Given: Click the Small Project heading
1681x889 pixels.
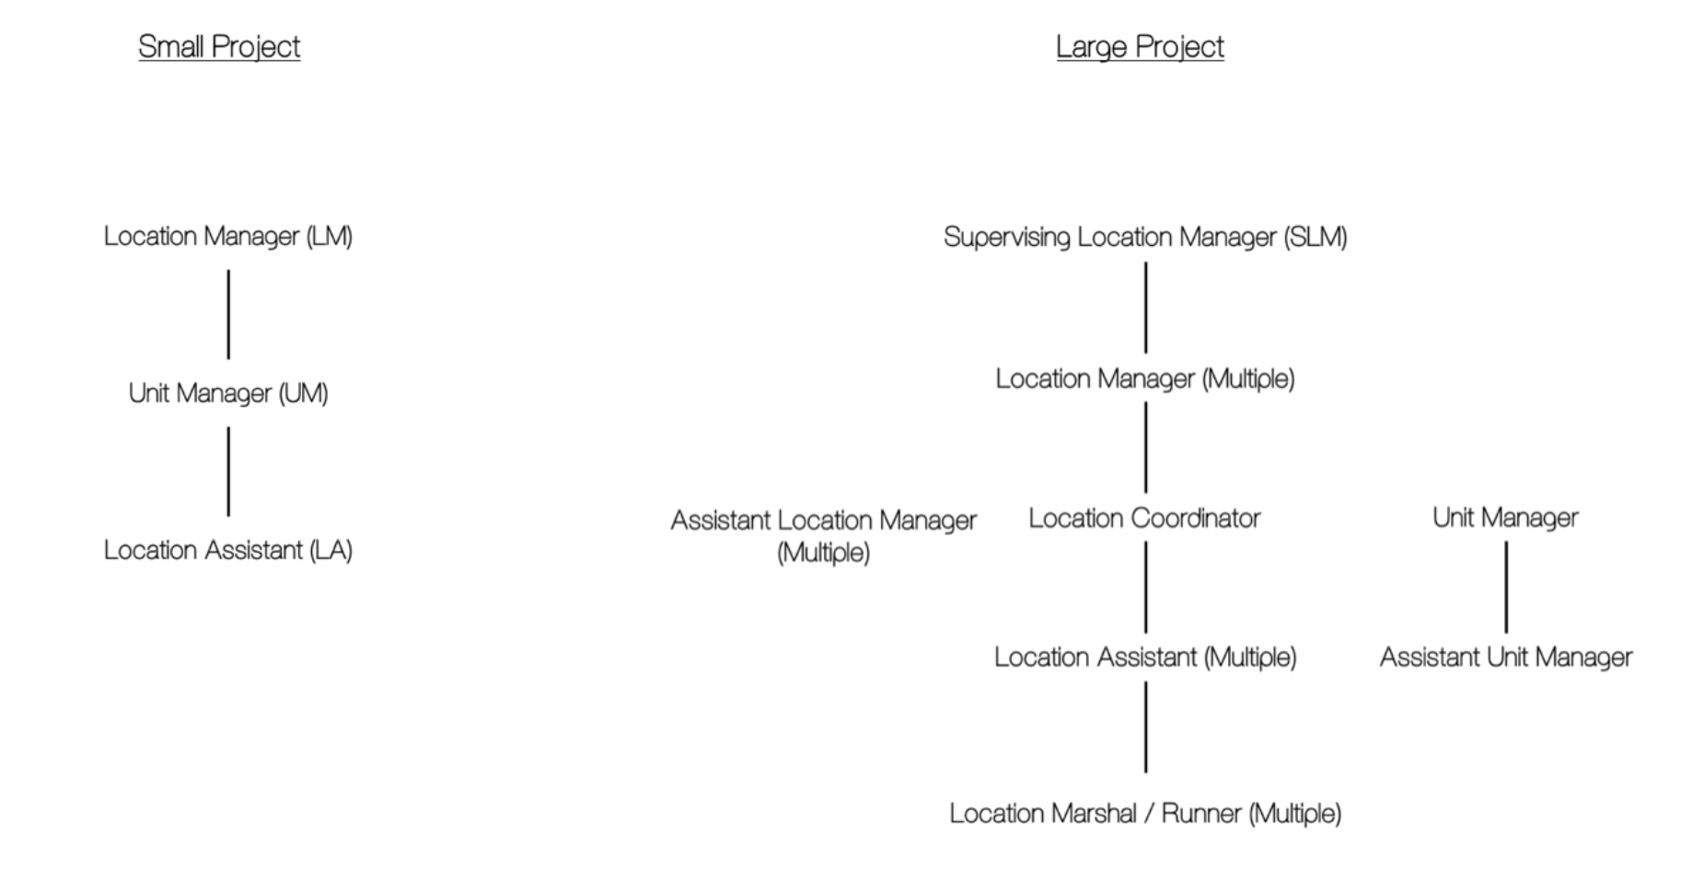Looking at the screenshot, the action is (219, 47).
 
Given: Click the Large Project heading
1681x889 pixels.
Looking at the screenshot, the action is (1140, 47).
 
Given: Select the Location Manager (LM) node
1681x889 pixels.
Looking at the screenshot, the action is (228, 237).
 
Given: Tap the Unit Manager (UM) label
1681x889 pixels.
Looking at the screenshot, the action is (228, 393).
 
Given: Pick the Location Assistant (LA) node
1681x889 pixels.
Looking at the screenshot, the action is (228, 550).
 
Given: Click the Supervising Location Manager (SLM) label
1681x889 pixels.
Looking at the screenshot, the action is (1145, 238).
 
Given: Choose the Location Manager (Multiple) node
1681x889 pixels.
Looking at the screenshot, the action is (1145, 379).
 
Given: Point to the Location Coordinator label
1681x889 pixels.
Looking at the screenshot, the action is (1144, 518).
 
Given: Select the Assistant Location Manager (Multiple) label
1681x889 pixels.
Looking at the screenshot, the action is (824, 536).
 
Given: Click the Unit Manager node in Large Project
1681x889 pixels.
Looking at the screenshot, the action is (1505, 518).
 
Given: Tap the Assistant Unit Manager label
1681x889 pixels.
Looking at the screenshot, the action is (1506, 657).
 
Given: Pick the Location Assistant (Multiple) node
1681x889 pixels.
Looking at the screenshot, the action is (1145, 657).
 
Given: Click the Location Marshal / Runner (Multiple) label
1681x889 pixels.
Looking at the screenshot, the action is (1145, 813).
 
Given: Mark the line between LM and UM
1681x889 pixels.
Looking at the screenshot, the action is (228, 314).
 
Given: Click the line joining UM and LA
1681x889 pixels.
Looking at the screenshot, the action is (228, 472).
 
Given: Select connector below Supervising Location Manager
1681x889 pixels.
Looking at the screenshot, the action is (1145, 308).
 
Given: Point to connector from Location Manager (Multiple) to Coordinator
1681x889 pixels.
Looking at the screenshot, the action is (1145, 448).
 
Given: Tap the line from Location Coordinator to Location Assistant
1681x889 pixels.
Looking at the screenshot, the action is (1145, 587).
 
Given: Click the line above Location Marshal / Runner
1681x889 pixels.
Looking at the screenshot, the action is (1145, 727).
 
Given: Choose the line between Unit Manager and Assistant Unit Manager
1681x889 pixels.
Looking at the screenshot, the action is (1506, 587).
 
